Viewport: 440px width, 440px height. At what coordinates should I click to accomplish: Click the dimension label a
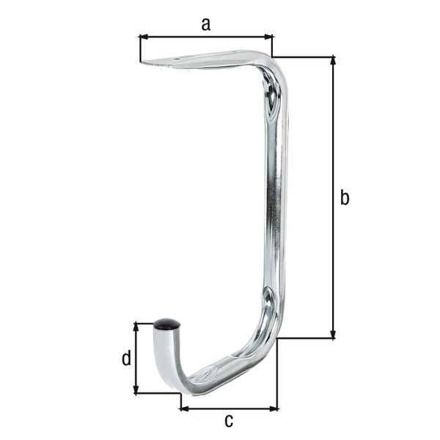pyautogui.click(x=205, y=24)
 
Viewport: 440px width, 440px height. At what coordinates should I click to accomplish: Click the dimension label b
pyautogui.click(x=345, y=197)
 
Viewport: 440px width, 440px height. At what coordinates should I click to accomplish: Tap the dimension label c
pyautogui.click(x=229, y=421)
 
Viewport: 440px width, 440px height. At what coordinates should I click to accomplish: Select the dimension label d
pyautogui.click(x=127, y=358)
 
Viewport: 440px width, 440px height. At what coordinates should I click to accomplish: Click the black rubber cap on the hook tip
pyautogui.click(x=166, y=324)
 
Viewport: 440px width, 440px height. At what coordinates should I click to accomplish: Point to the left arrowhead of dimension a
pyautogui.click(x=144, y=37)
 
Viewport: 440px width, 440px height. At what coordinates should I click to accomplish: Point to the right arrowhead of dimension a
pyautogui.click(x=268, y=37)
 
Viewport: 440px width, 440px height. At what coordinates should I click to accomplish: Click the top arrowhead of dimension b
pyautogui.click(x=333, y=61)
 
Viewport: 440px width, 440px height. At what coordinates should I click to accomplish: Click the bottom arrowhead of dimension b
pyautogui.click(x=333, y=334)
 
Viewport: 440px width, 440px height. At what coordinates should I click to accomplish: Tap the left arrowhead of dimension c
pyautogui.click(x=184, y=408)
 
